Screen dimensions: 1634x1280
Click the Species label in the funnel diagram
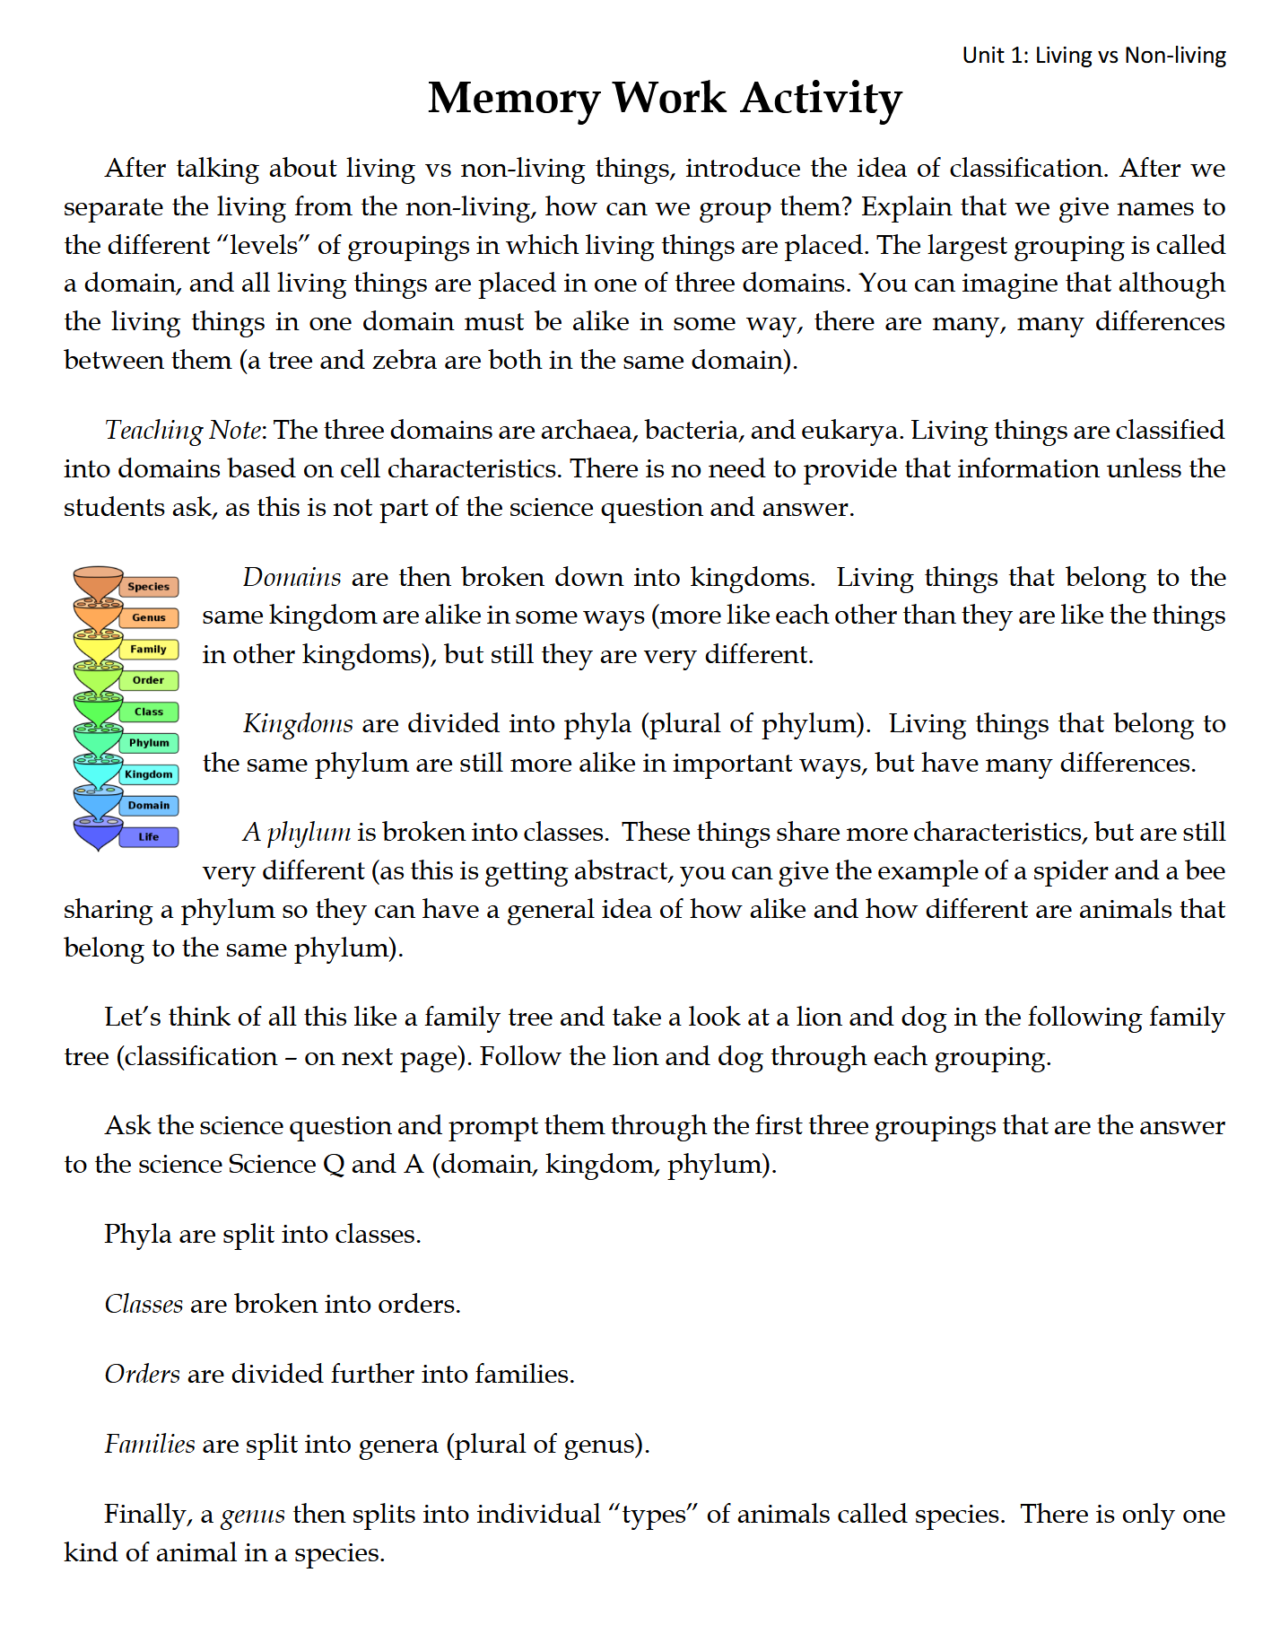coord(148,587)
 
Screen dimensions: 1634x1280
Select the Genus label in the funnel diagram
coord(149,617)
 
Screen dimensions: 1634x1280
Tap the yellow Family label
coord(149,649)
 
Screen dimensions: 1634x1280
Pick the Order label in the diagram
coord(149,680)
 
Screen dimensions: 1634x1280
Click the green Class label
coord(149,712)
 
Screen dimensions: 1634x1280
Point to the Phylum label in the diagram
coord(149,743)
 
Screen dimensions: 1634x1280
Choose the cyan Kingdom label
coord(149,774)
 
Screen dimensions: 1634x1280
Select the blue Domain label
coord(149,806)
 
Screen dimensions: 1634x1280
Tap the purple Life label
coord(149,837)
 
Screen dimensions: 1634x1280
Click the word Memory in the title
coord(514,99)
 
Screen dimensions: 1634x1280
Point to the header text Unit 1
coord(995,56)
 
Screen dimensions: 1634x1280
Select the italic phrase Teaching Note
coord(183,431)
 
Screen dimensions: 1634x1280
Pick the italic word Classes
coord(144,1305)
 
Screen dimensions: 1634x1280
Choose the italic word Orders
coord(143,1375)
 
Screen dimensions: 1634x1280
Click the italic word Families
coord(150,1445)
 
